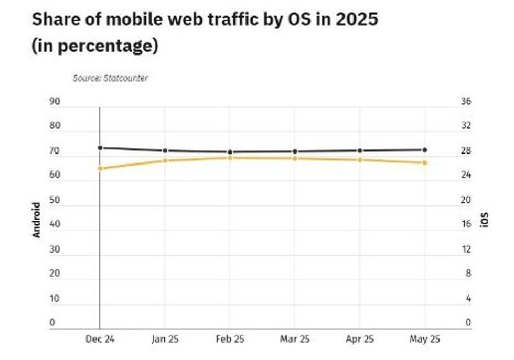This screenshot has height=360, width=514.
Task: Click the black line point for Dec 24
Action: [100, 148]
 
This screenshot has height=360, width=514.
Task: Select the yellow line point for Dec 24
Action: [100, 168]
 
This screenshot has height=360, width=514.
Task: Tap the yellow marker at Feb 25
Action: [230, 157]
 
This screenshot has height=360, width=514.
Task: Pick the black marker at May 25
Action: [425, 150]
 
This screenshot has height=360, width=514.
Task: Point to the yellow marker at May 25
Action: [425, 163]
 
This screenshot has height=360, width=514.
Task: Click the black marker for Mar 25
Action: [295, 151]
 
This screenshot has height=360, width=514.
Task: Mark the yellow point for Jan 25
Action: [165, 160]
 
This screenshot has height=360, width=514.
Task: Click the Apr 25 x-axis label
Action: [360, 339]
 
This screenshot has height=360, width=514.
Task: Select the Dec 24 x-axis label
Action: [100, 339]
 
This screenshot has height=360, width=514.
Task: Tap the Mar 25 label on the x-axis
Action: [295, 339]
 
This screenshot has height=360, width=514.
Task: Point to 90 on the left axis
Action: [55, 102]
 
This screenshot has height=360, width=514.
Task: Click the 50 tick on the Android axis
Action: [55, 200]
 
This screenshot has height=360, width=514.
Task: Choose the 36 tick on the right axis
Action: [466, 102]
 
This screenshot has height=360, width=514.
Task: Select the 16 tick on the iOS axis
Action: [466, 224]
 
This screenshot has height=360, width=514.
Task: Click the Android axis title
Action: [36, 220]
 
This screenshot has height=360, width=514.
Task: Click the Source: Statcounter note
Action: [110, 79]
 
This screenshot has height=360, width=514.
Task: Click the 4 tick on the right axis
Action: [467, 299]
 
